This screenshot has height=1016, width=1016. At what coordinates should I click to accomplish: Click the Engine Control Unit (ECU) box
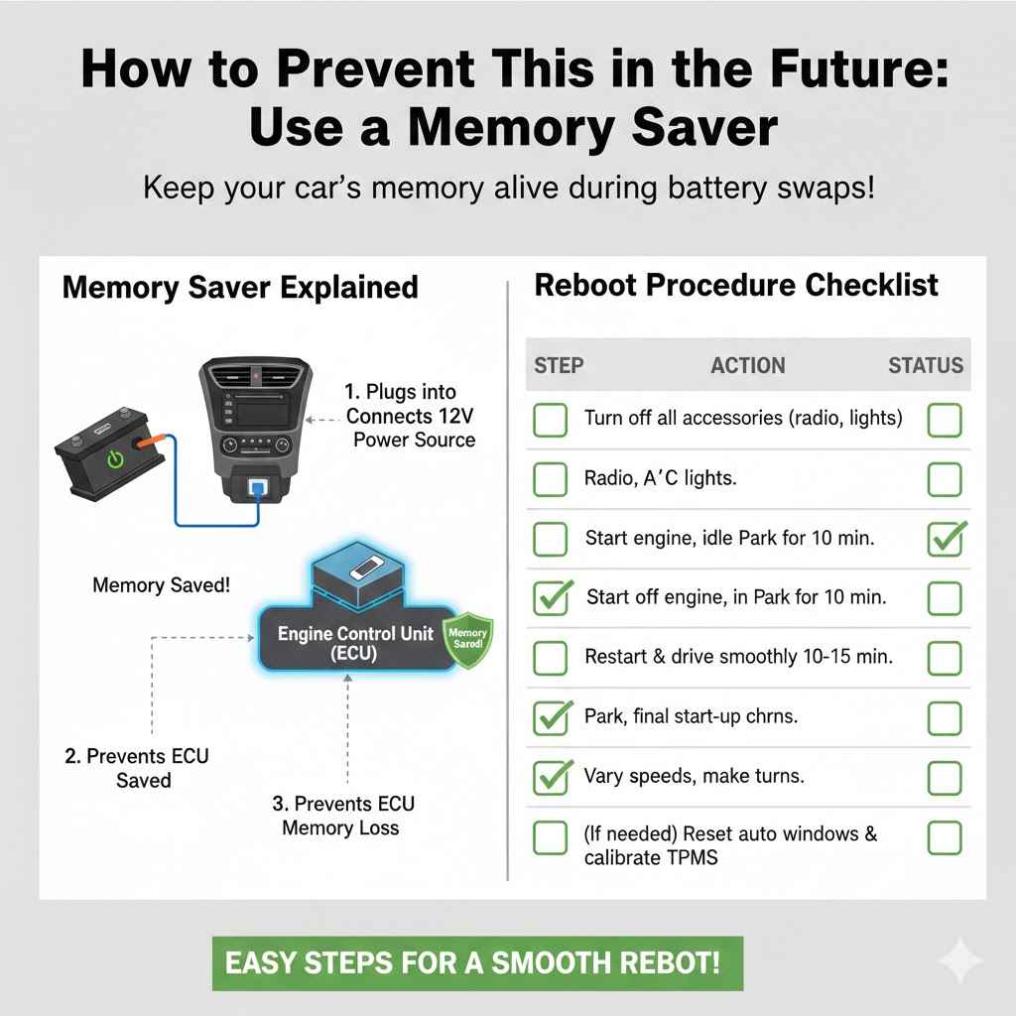tap(354, 643)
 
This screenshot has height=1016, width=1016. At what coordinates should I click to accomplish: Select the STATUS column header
tap(925, 365)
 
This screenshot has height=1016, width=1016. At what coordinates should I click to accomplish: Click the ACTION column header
tap(747, 365)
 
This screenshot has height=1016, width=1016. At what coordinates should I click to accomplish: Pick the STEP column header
tap(559, 365)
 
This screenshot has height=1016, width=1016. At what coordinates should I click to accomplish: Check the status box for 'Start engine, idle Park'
tap(945, 540)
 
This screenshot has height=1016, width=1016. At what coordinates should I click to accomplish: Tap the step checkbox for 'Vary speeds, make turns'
tap(551, 777)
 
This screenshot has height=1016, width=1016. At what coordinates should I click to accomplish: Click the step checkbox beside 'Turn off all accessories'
tap(551, 420)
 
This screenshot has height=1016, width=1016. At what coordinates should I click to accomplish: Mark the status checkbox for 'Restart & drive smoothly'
tap(945, 657)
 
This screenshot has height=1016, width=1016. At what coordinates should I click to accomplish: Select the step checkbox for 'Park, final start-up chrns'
tap(551, 716)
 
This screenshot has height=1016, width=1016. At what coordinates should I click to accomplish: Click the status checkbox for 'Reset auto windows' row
tap(945, 838)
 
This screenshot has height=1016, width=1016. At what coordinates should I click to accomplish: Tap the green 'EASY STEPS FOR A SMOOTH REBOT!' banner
tap(477, 962)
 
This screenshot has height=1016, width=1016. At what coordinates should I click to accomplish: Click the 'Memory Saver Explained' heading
tap(240, 288)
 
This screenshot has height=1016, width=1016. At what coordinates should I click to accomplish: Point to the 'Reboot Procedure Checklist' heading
tap(736, 286)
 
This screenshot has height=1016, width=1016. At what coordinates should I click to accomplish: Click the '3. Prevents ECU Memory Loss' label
tap(342, 816)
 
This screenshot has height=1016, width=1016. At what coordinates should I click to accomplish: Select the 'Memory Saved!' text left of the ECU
tap(161, 585)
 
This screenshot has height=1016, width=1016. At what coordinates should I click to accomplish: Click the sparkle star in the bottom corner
tap(960, 961)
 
